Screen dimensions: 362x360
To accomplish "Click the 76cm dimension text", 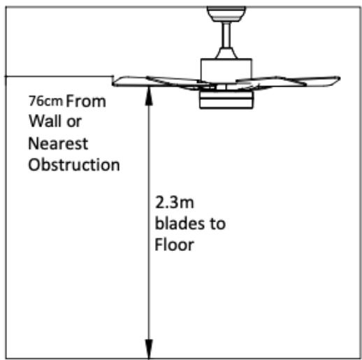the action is [45, 101].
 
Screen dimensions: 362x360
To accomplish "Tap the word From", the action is [86, 101].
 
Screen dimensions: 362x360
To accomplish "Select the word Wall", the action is [45, 121].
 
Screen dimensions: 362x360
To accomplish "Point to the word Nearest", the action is [58, 143].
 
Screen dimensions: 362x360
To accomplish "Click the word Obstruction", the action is [74, 164].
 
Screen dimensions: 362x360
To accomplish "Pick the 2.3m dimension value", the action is [174, 202].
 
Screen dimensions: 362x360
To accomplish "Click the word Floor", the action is [174, 245].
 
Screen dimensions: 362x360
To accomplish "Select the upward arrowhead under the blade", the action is [149, 96].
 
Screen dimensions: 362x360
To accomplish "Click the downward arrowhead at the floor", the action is [149, 349].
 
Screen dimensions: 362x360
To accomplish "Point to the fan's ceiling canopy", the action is [226, 14].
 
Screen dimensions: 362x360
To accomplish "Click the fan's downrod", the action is [226, 35].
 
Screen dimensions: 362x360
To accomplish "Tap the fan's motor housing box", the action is [226, 71].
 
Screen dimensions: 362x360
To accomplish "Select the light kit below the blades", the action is [226, 99].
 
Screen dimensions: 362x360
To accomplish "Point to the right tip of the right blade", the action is [340, 79].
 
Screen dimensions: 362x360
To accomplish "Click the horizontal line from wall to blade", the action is [59, 76].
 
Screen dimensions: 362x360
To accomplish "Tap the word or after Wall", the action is [74, 122].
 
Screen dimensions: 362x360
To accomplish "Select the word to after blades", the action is [218, 224].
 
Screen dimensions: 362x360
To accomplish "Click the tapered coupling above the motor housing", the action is [226, 53].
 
